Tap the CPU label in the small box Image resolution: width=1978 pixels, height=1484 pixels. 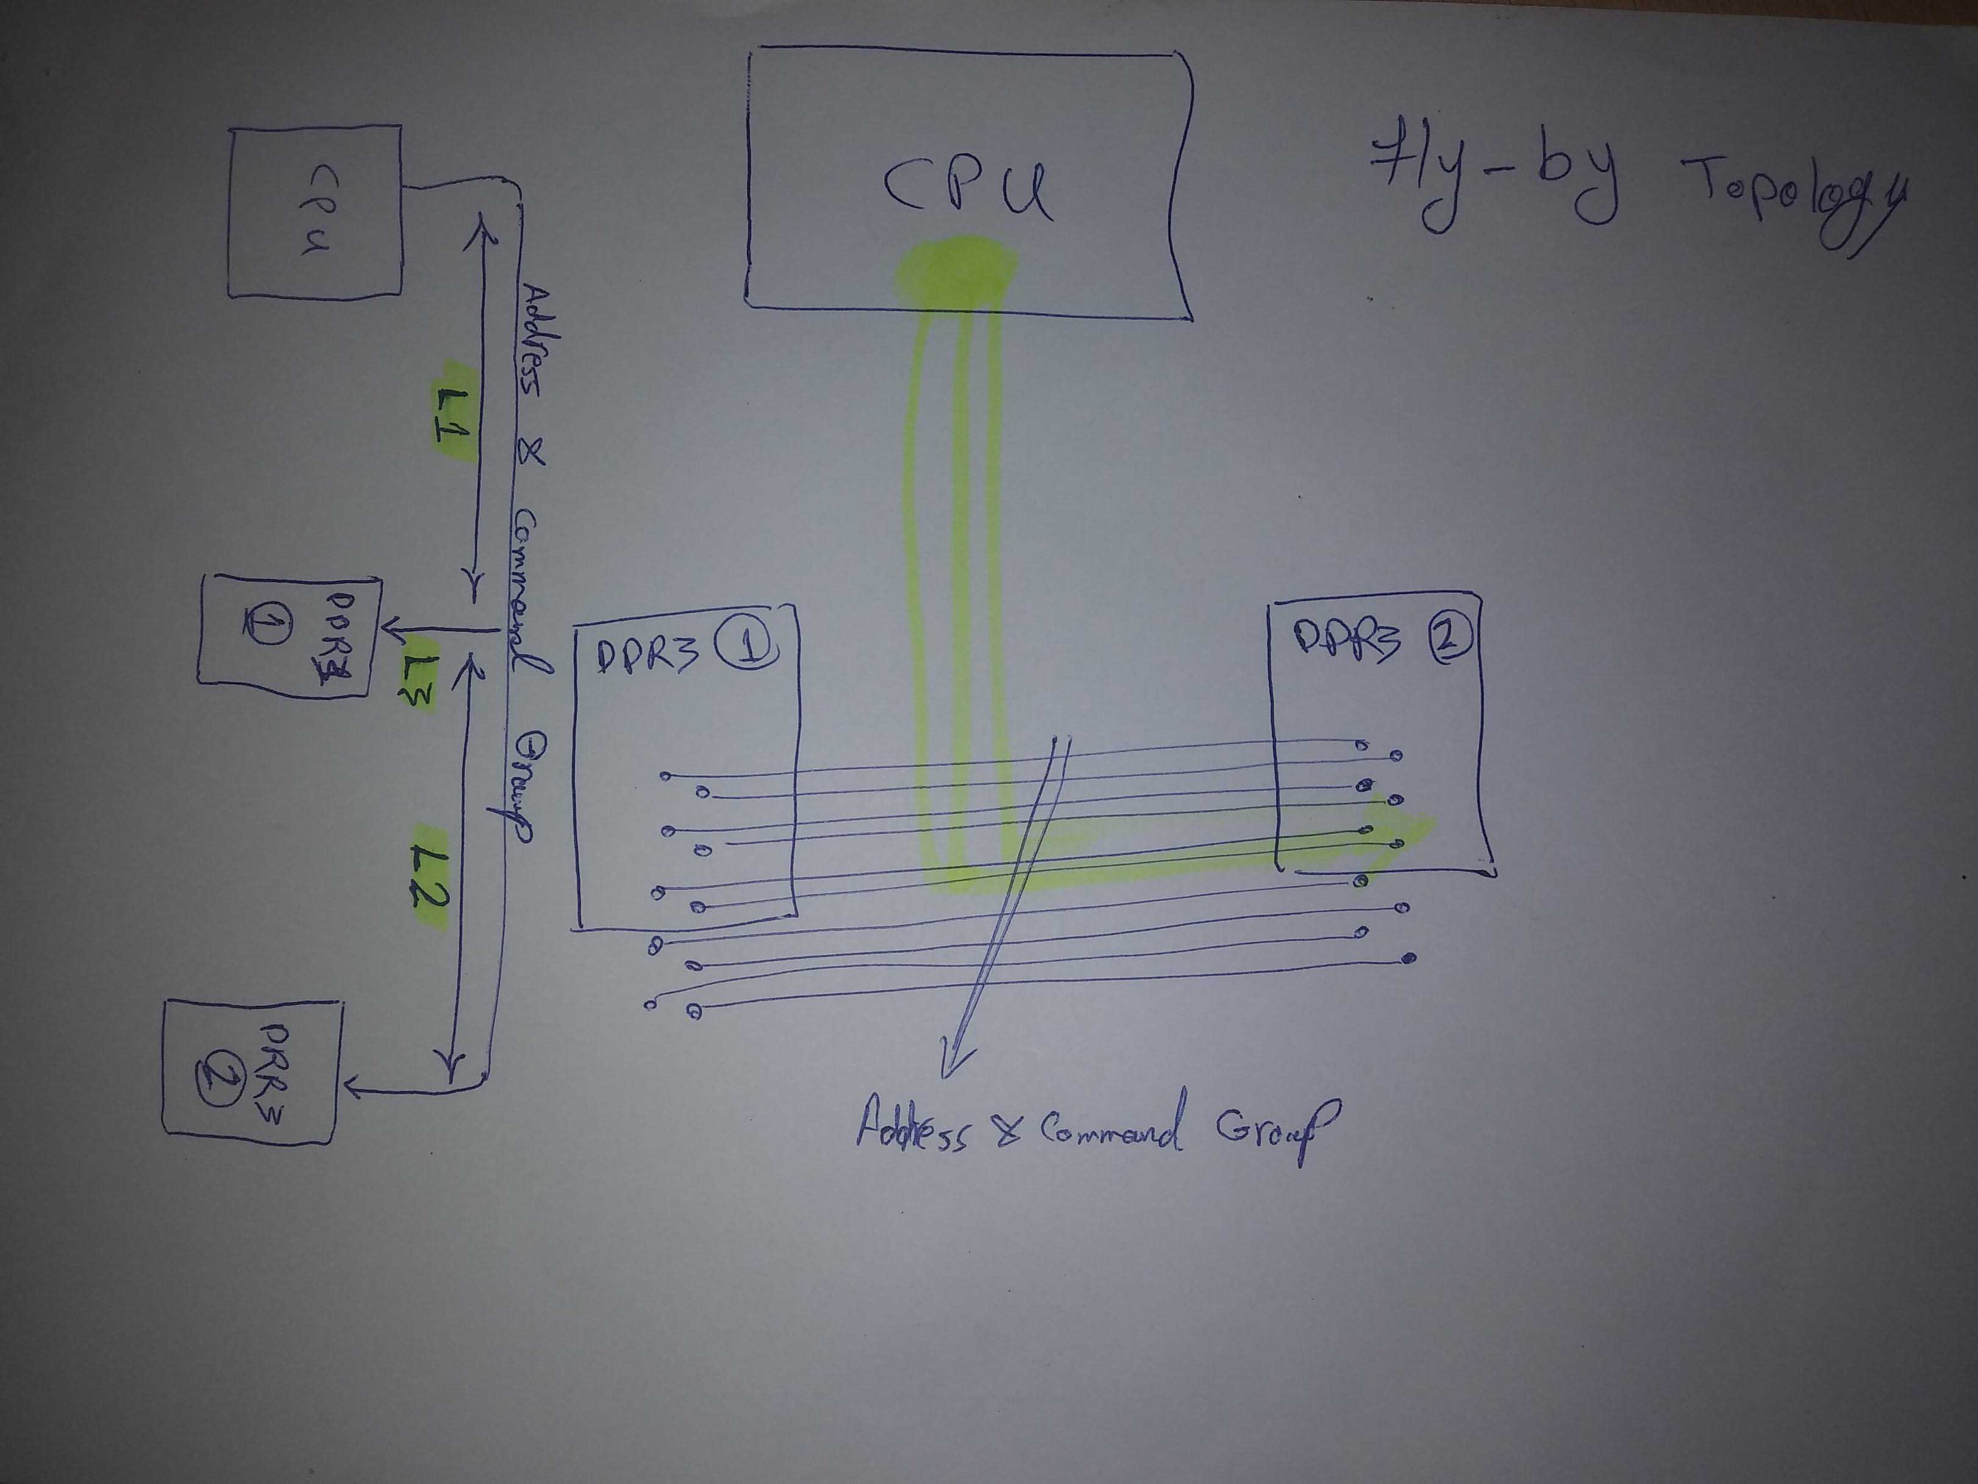tap(313, 211)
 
